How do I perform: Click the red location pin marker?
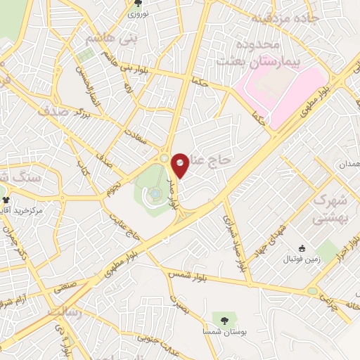pos(180,165)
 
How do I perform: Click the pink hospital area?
pos(281,95)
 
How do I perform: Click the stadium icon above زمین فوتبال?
pos(302,248)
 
